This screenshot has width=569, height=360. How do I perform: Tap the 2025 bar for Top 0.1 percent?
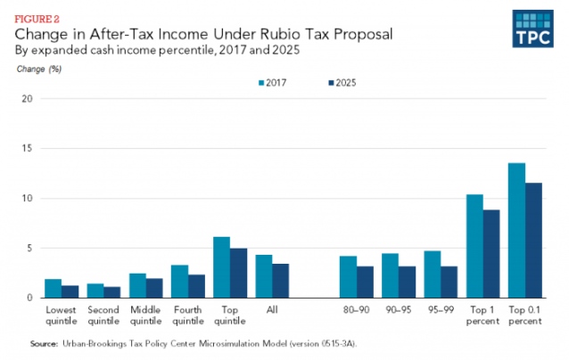tap(534, 240)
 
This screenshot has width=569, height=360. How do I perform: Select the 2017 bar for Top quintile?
tap(221, 266)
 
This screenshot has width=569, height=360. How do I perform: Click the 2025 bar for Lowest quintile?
tap(70, 291)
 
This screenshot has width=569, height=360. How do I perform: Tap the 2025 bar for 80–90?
tap(366, 282)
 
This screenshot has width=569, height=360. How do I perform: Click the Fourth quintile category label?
tap(188, 317)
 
